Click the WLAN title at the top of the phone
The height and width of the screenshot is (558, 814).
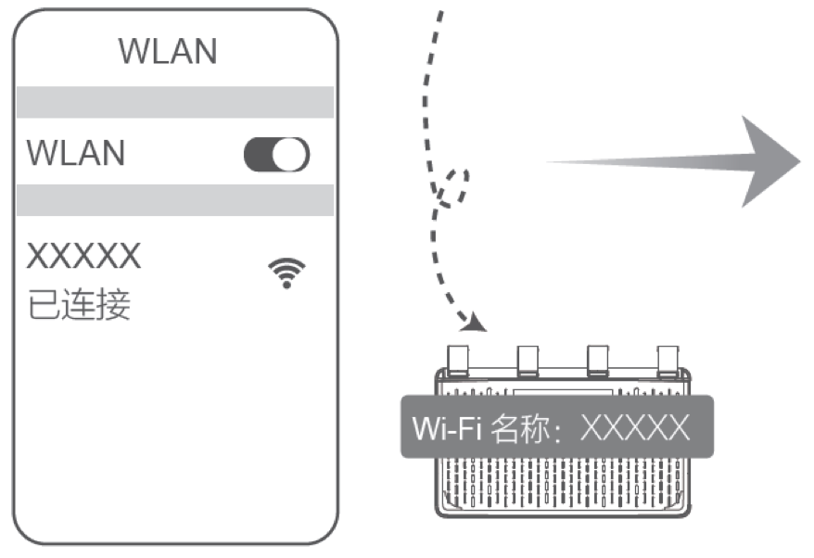pos(168,51)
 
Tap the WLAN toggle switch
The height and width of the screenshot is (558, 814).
pos(276,154)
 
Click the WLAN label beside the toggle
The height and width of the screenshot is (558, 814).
pos(76,153)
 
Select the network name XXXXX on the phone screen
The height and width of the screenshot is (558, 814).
pos(83,256)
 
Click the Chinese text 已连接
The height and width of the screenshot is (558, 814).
pos(79,304)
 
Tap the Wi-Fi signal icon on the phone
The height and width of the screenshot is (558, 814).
pos(286,273)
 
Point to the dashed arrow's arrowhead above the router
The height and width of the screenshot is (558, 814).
pos(474,323)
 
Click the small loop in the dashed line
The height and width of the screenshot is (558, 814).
pos(453,188)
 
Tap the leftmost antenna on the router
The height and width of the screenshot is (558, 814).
pos(457,361)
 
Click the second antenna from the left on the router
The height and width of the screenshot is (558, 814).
pos(528,361)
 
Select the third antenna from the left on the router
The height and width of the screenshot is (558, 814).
pos(598,361)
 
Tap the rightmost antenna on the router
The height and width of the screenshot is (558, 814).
pos(668,361)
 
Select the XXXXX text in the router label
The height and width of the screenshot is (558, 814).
pos(635,427)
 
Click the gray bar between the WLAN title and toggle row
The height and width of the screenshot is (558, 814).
pos(175,102)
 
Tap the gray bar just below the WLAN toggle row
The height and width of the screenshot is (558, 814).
pos(175,200)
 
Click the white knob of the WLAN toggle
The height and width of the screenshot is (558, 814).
pos(289,154)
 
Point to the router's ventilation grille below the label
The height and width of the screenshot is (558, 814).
pos(563,484)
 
